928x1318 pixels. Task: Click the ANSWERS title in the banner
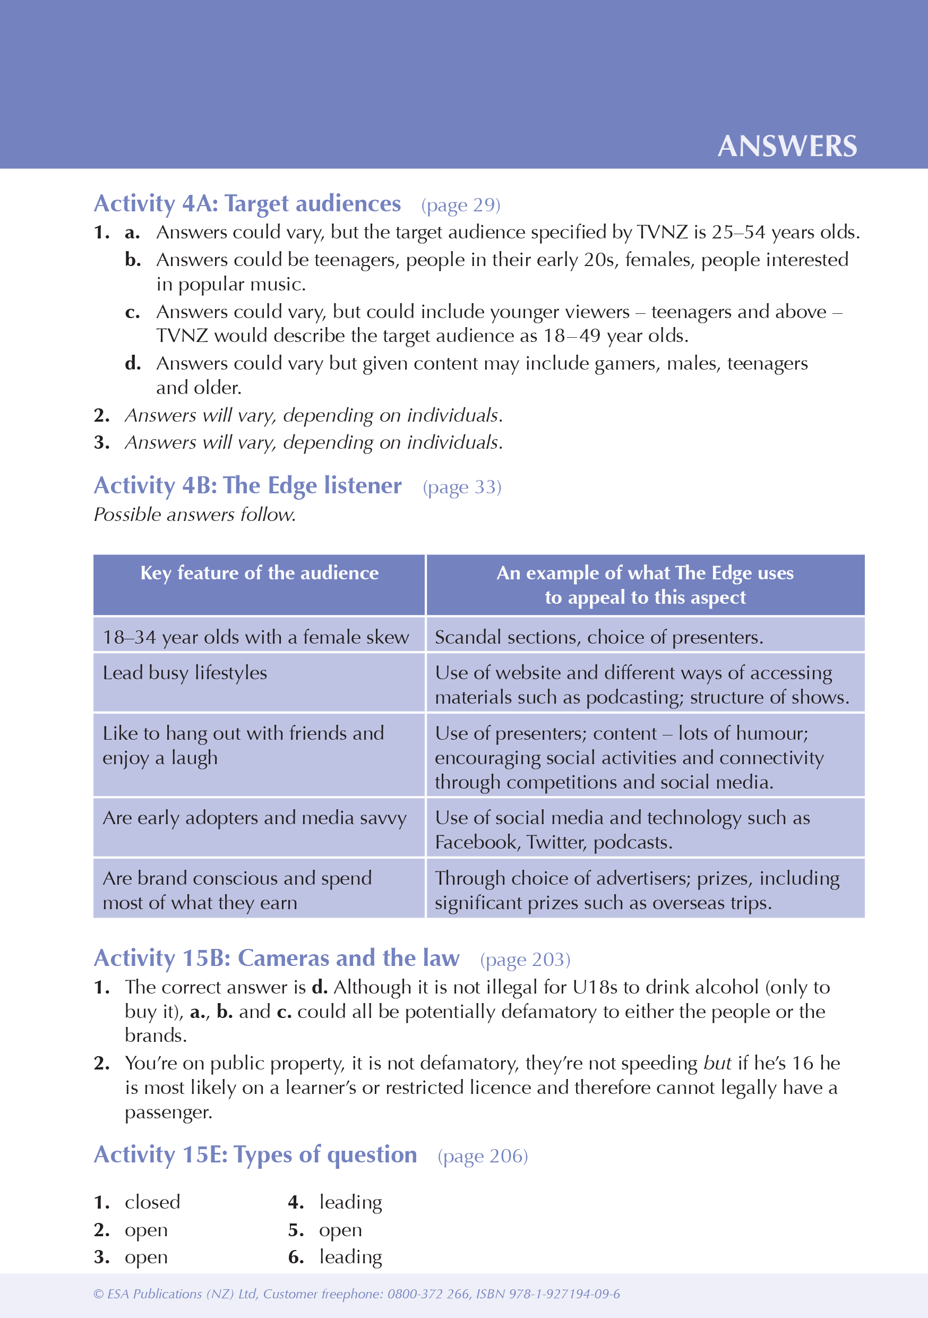[787, 147]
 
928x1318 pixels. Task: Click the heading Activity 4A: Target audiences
[247, 204]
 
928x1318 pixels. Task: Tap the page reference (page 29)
[460, 205]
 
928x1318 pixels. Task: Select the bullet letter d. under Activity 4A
[133, 363]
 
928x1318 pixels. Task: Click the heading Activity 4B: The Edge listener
[247, 486]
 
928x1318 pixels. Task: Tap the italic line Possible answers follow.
[194, 515]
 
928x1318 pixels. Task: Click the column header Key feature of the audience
[260, 573]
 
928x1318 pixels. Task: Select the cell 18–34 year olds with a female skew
[255, 637]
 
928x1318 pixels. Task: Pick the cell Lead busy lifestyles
[185, 673]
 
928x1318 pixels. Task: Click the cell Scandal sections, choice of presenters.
[598, 637]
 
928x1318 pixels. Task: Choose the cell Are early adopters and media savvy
[254, 818]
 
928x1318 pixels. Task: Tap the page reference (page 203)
[525, 960]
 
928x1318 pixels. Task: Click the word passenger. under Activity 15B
[168, 1112]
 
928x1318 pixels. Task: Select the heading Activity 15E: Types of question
[255, 1155]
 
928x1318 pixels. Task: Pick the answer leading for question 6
[350, 1257]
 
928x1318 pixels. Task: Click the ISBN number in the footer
[562, 1294]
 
